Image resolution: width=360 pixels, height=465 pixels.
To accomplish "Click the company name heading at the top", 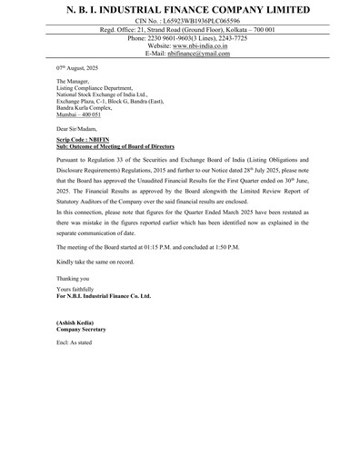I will (180, 9).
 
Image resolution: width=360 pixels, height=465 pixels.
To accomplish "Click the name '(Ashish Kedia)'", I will (77, 324).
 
